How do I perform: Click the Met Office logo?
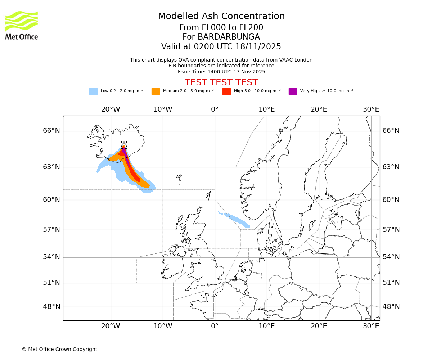pyautogui.click(x=22, y=25)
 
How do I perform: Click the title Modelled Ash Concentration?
pyautogui.click(x=221, y=16)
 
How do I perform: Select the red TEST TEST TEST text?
pyautogui.click(x=221, y=82)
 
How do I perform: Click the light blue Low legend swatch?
pyautogui.click(x=93, y=91)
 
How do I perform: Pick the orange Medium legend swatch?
pyautogui.click(x=156, y=91)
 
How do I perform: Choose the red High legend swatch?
pyautogui.click(x=226, y=91)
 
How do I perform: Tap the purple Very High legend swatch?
pyautogui.click(x=293, y=91)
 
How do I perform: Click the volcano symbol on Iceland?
pyautogui.click(x=124, y=145)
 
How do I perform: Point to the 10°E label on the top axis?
pyautogui.click(x=267, y=109)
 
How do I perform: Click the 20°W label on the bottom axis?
pyautogui.click(x=111, y=326)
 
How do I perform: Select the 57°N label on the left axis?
pyautogui.click(x=51, y=230)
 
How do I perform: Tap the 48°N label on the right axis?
pyautogui.click(x=391, y=307)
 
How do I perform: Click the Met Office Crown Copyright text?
pyautogui.click(x=59, y=349)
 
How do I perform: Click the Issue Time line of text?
pyautogui.click(x=221, y=72)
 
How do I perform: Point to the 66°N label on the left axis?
pyautogui.click(x=51, y=131)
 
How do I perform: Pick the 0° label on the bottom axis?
pyautogui.click(x=215, y=326)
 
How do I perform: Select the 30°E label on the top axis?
pyautogui.click(x=371, y=109)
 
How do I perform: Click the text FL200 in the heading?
pyautogui.click(x=251, y=28)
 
